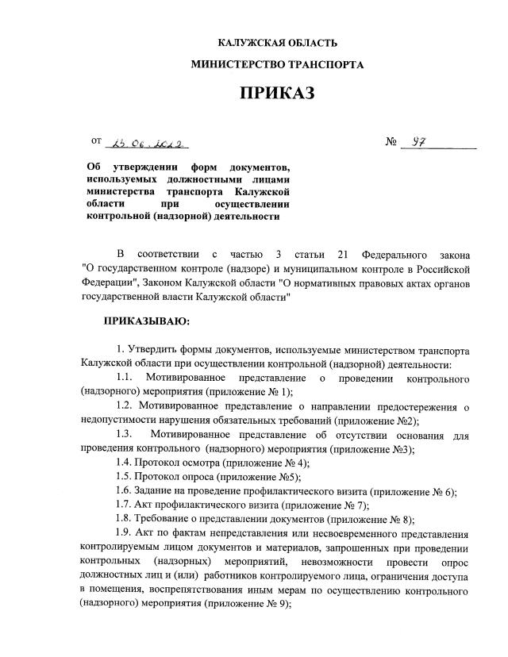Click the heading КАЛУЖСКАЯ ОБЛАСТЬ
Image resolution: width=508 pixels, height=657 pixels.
coord(277,43)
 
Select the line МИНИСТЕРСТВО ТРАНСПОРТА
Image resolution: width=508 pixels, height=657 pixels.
coord(277,65)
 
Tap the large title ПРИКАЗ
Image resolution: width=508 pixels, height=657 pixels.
coord(277,94)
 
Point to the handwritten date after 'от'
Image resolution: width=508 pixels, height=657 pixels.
coord(150,144)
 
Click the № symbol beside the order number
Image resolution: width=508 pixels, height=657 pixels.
coord(391,144)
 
